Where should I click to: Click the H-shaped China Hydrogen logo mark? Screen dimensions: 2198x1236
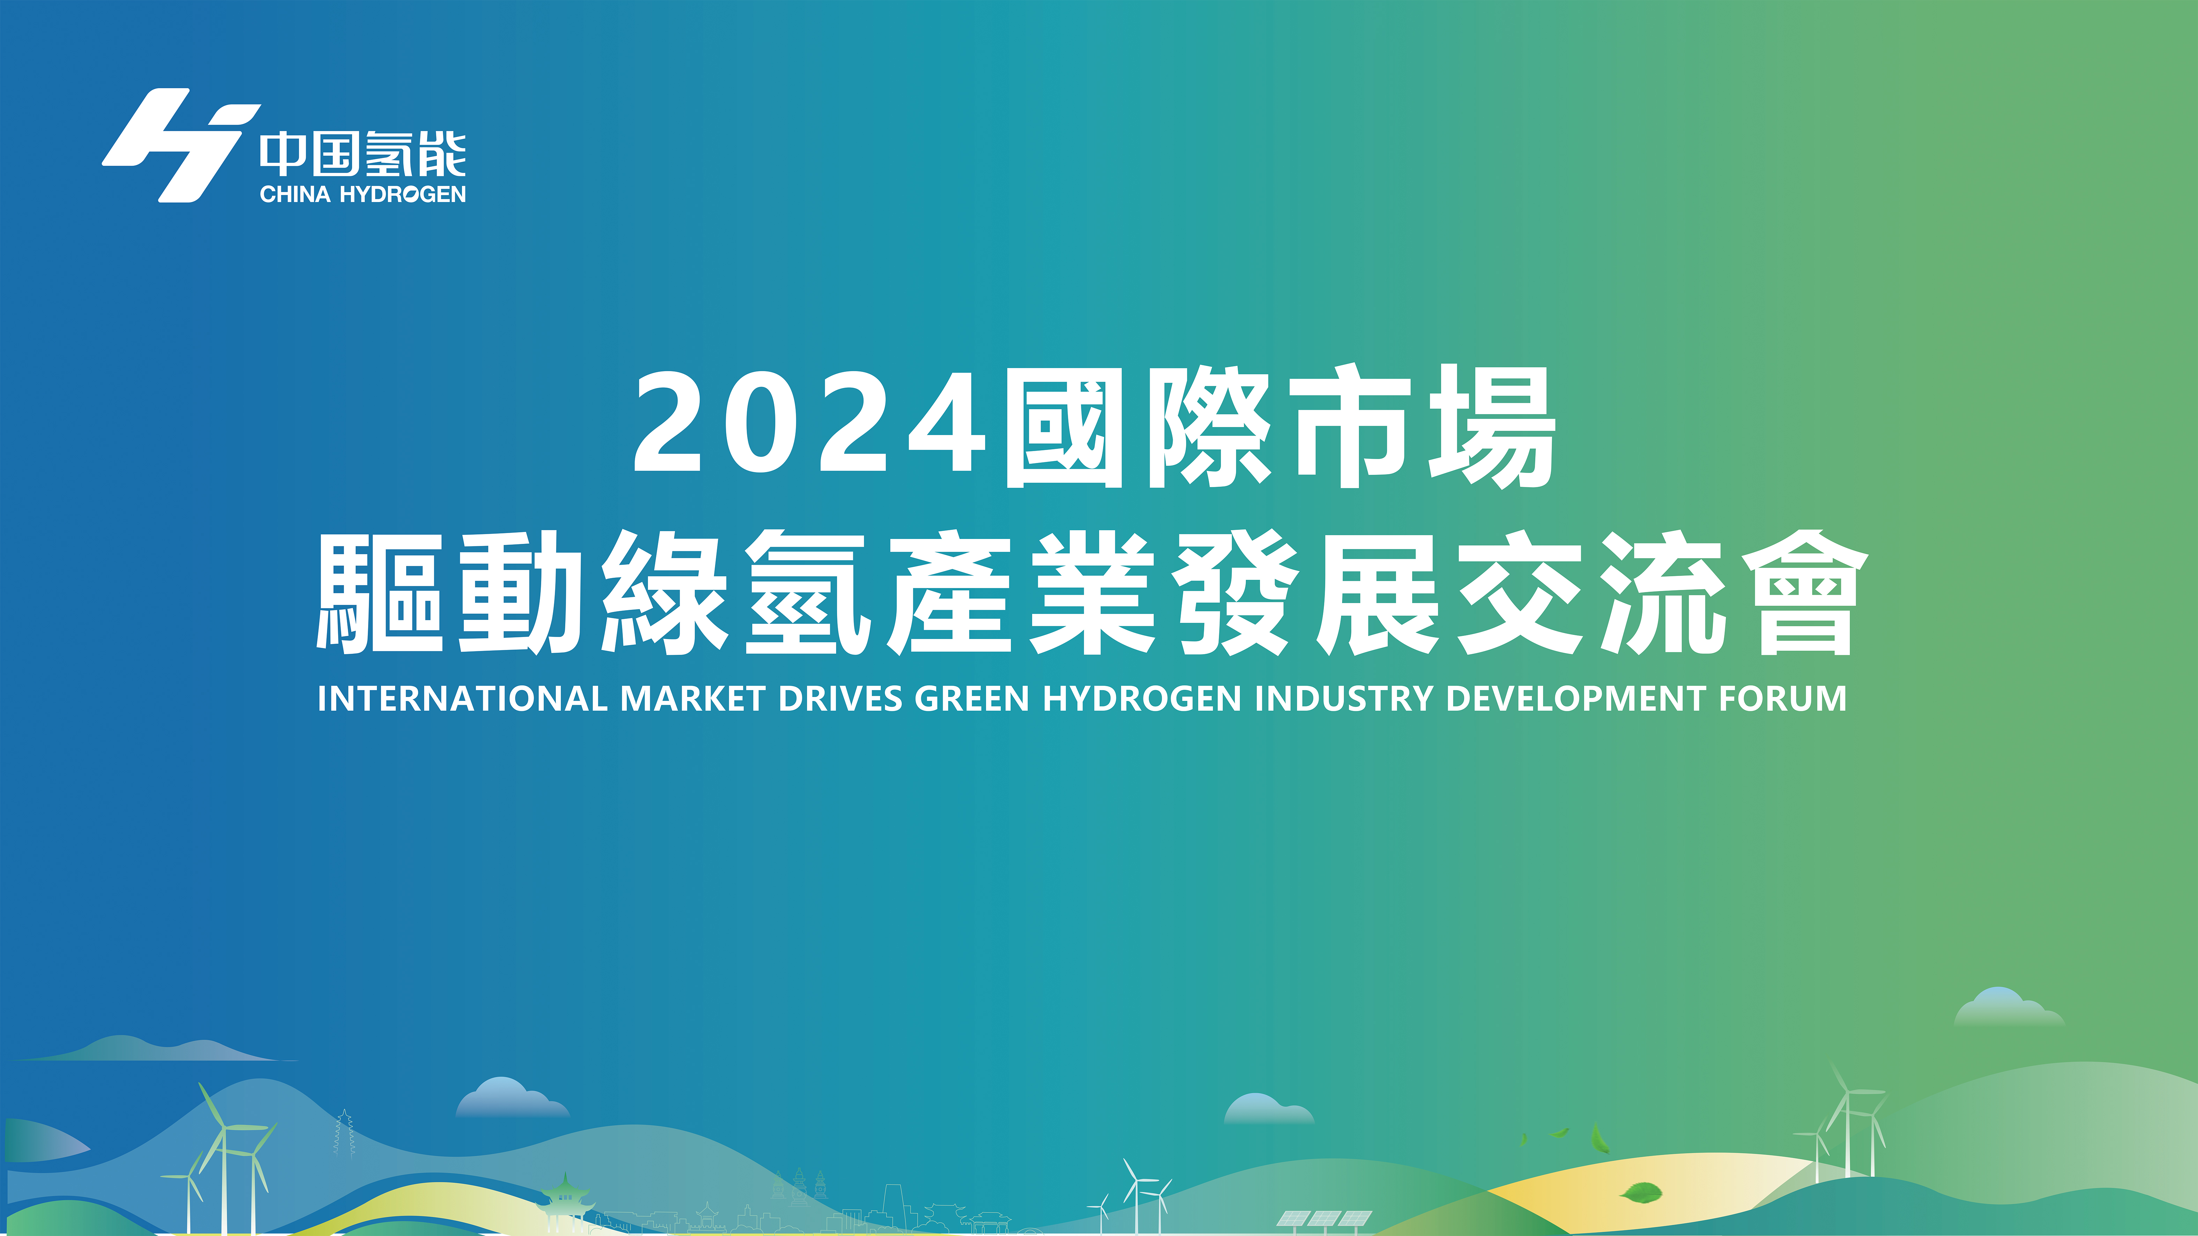click(181, 145)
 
